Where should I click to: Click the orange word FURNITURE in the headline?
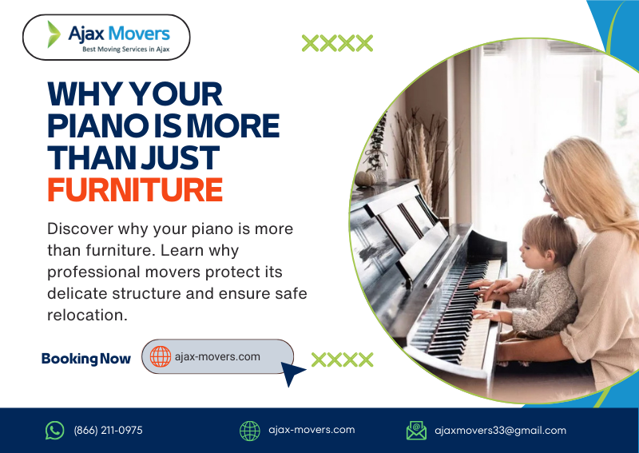(134, 190)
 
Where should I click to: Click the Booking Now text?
(86, 359)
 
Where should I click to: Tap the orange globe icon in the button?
(161, 356)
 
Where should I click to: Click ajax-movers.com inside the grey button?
(217, 356)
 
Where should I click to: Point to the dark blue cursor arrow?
(292, 372)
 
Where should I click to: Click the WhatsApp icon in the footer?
(54, 431)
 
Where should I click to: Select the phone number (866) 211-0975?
(108, 431)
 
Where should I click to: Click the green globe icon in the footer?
(250, 431)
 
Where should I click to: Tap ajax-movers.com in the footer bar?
(312, 430)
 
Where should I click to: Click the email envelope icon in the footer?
(416, 431)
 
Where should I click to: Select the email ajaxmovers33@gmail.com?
(500, 431)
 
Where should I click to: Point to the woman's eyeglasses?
(546, 190)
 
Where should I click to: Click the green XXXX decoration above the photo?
(337, 43)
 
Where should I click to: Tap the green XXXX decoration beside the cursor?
(342, 360)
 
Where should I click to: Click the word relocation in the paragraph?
(87, 315)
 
